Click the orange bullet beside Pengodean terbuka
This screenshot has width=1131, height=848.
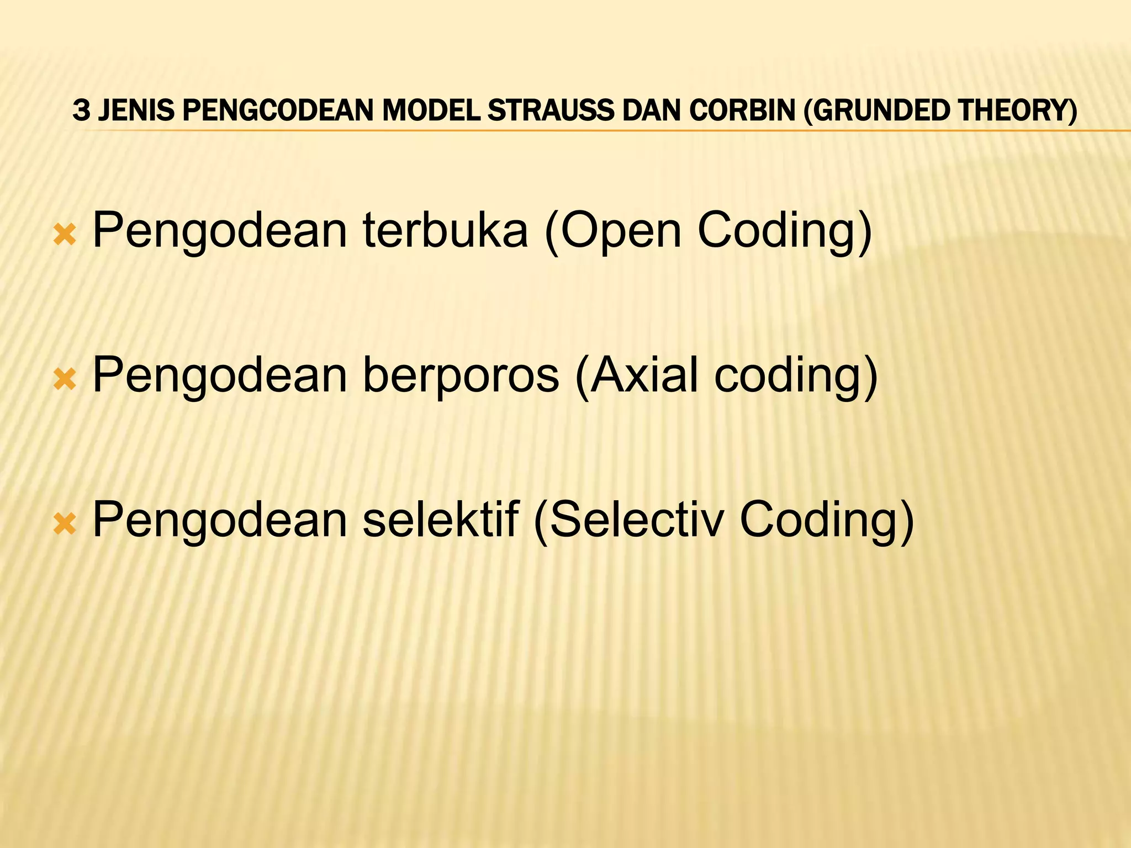tap(65, 235)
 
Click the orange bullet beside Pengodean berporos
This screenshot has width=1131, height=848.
tap(65, 380)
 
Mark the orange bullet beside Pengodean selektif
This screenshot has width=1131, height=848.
tap(65, 524)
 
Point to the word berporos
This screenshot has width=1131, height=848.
tap(461, 375)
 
